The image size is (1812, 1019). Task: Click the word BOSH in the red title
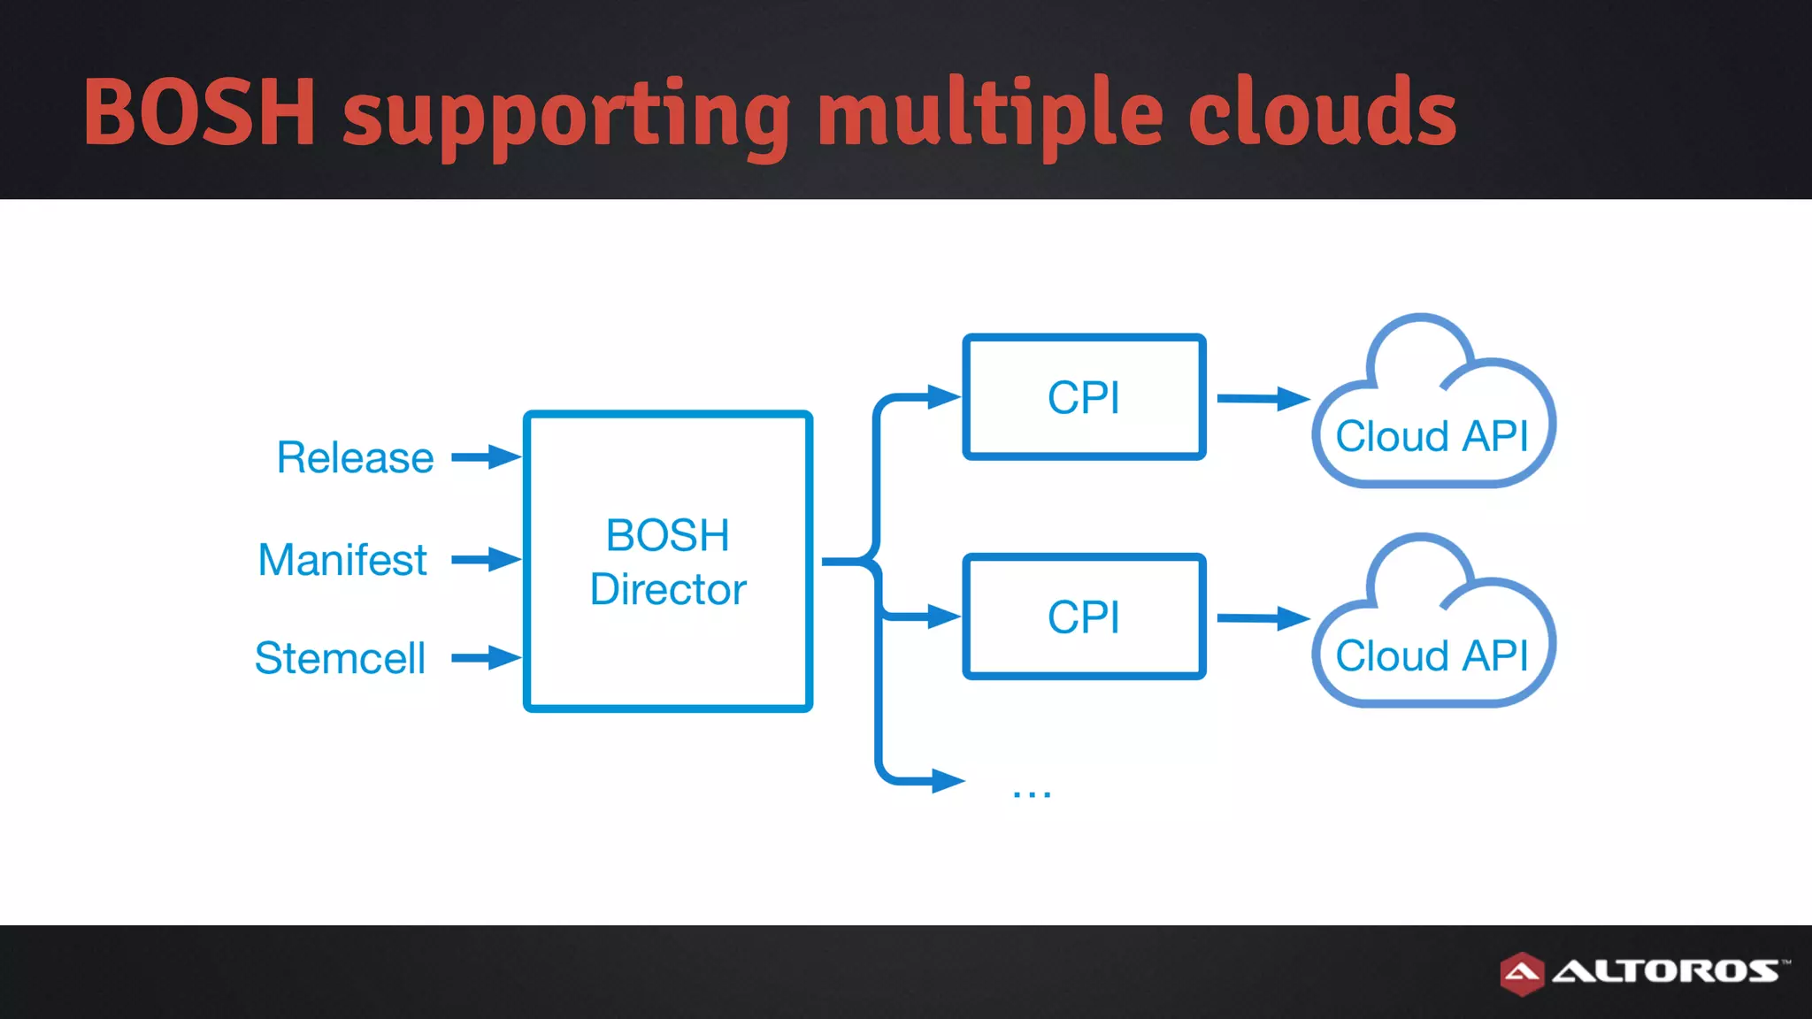(x=199, y=113)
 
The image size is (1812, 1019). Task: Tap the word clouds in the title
(x=1322, y=113)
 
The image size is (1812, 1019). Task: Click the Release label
(x=355, y=457)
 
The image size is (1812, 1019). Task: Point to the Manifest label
(x=342, y=560)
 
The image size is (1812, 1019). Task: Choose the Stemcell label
(x=340, y=658)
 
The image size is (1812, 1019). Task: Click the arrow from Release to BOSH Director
(x=486, y=457)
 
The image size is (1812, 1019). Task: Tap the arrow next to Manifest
(x=486, y=559)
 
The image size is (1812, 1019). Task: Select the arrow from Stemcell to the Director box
(x=486, y=657)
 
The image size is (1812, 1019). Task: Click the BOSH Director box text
(x=668, y=562)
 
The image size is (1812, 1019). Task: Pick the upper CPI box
(x=1084, y=397)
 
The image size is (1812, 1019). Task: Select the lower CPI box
(x=1084, y=617)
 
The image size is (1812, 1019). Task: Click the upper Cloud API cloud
(x=1432, y=416)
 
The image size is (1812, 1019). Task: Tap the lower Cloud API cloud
(x=1432, y=635)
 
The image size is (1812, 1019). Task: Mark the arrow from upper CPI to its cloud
(x=1263, y=399)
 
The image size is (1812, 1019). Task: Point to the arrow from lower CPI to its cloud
(x=1263, y=618)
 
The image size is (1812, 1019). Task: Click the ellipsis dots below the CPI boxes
(x=1032, y=793)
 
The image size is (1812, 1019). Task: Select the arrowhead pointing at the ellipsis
(x=948, y=781)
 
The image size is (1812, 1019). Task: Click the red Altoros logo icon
(x=1522, y=973)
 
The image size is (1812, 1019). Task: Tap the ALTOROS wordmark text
(x=1667, y=971)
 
